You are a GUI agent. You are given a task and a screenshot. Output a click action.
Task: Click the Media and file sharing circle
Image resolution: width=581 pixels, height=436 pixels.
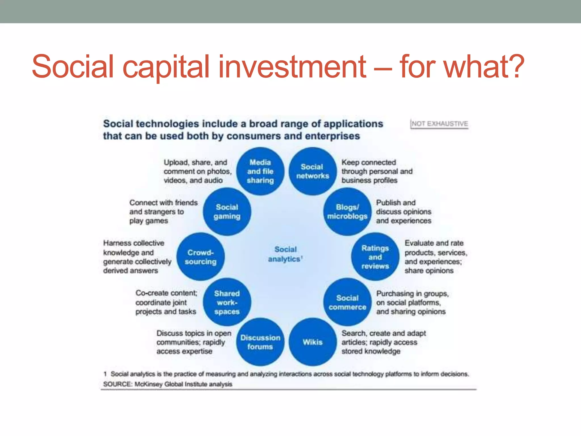point(260,171)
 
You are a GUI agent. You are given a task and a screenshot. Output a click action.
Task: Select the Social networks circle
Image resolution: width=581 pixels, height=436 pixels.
point(312,171)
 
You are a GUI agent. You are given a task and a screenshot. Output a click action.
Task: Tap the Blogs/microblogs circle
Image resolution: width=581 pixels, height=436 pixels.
point(347,211)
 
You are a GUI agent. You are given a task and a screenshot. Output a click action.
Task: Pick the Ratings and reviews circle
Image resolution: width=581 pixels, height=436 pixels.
point(375,257)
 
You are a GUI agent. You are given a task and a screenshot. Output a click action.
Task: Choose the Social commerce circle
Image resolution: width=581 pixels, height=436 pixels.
point(347,302)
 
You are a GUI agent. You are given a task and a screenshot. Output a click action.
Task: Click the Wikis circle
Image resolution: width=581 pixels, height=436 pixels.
point(312,342)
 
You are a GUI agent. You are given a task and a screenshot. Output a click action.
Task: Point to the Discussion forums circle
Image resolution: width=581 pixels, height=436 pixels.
point(260,342)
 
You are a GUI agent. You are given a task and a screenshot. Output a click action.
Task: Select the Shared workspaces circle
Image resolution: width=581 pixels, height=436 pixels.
point(227,302)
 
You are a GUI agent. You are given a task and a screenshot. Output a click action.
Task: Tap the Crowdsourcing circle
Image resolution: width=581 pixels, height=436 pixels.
point(201,257)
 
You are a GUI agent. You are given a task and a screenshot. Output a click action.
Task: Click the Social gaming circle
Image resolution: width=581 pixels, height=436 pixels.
point(227,211)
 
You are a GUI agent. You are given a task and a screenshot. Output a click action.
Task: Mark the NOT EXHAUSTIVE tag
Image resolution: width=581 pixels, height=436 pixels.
point(439,124)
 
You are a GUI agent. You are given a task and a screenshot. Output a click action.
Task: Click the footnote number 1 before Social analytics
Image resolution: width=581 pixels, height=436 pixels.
point(105,374)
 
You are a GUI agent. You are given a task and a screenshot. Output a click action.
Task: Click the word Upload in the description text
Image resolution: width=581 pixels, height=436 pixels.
point(176,162)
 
